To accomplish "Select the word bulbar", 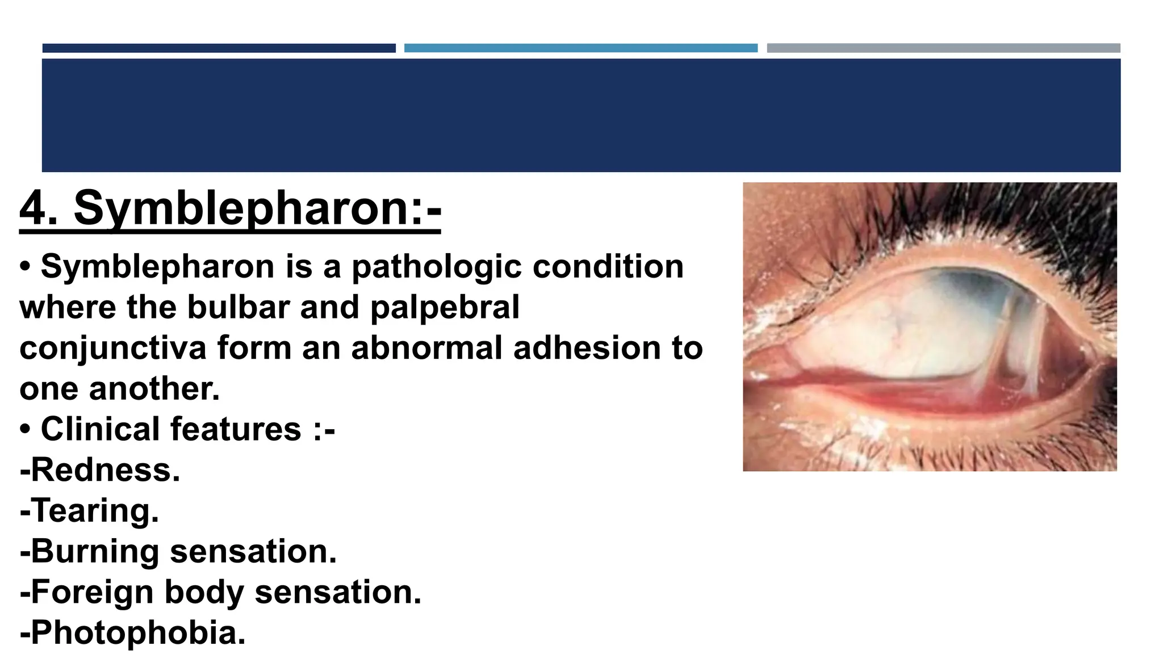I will point(238,307).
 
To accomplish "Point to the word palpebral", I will point(445,307).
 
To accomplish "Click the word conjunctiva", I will point(112,347).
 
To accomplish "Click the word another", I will point(154,389).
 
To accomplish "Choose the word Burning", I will point(95,551).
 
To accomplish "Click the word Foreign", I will point(92,592).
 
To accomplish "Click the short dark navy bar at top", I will point(219,48).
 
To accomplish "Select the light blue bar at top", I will point(580,48).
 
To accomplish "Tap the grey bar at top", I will point(943,48).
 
